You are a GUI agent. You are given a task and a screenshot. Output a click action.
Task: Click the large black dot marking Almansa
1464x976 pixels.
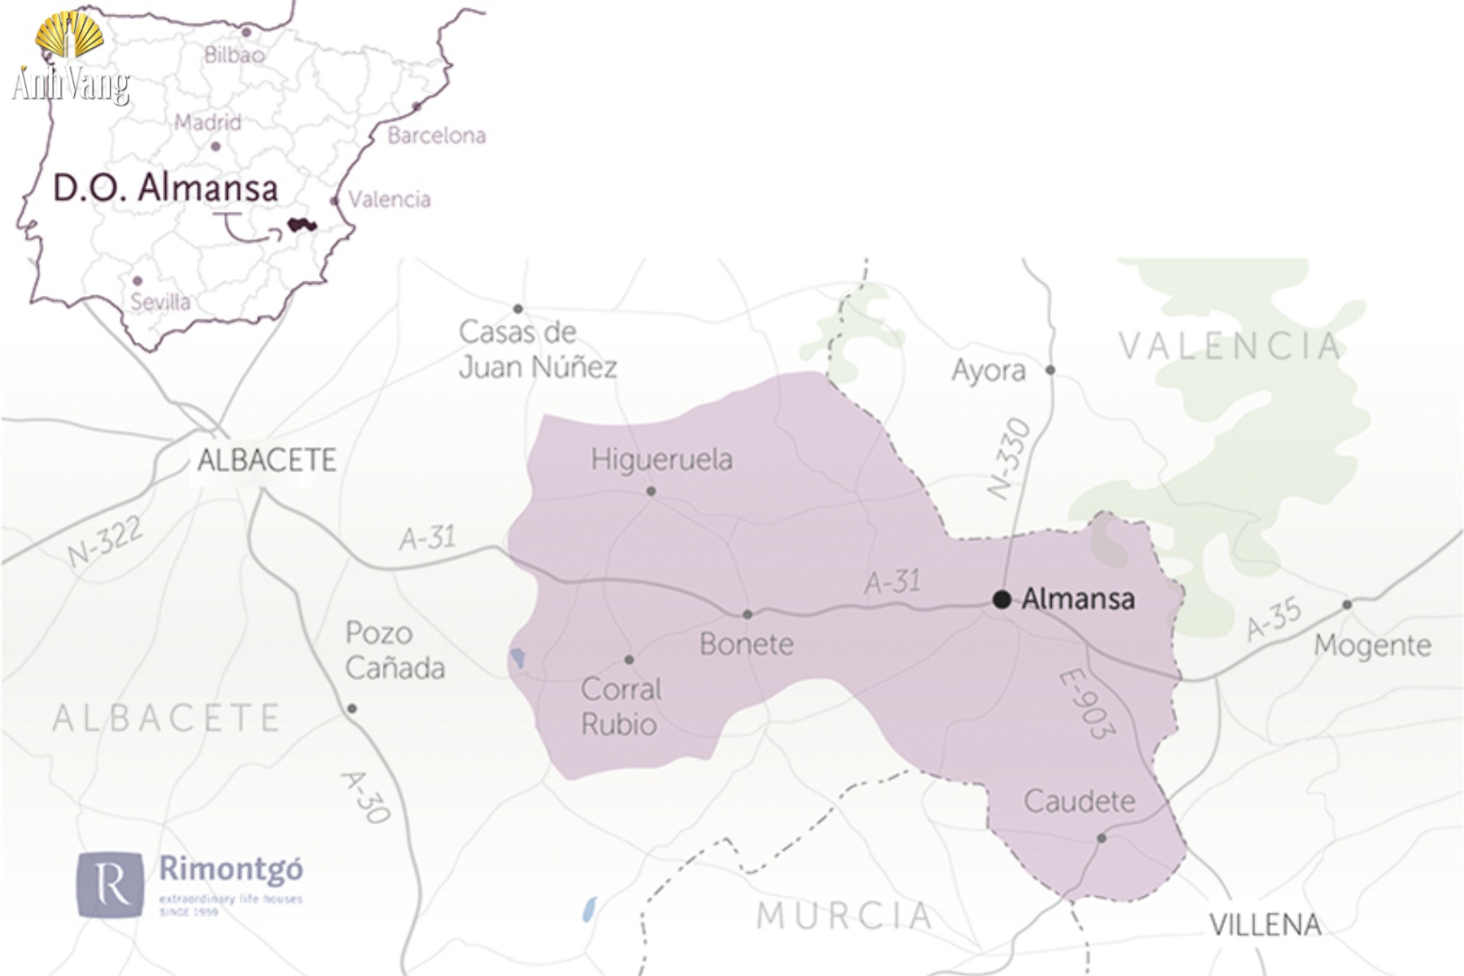click(x=1002, y=599)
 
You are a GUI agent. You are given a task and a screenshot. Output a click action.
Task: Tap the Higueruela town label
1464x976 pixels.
click(x=661, y=460)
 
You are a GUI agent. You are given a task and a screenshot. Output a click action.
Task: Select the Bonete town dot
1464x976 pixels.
click(x=747, y=614)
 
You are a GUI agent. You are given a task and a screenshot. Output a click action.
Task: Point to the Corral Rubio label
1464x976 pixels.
click(x=621, y=706)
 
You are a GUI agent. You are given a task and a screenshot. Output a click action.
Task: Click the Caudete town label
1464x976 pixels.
click(x=1079, y=801)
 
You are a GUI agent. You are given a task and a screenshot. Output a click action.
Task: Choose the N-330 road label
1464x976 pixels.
click(x=1010, y=458)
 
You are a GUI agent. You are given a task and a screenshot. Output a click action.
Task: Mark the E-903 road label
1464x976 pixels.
click(x=1086, y=704)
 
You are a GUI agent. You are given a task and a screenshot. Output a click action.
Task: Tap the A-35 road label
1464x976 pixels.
click(x=1274, y=620)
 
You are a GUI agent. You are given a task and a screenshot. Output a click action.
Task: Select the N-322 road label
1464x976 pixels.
click(x=105, y=542)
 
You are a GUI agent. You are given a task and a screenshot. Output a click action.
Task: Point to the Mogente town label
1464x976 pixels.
click(x=1372, y=646)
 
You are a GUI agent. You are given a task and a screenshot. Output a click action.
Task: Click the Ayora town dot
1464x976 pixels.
click(x=1050, y=370)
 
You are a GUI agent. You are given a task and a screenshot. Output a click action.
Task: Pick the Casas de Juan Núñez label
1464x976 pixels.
click(x=537, y=350)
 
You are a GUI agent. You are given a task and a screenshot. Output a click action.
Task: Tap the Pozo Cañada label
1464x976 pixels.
click(x=394, y=651)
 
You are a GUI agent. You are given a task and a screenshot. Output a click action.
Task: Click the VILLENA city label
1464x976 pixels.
click(x=1265, y=925)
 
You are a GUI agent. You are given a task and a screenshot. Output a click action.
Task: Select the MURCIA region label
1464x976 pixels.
click(x=844, y=916)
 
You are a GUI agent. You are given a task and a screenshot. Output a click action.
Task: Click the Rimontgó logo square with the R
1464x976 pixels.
click(x=111, y=885)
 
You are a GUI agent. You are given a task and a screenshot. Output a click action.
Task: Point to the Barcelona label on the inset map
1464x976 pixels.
click(x=437, y=135)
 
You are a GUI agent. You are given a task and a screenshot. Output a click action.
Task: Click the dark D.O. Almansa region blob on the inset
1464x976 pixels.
click(x=301, y=224)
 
